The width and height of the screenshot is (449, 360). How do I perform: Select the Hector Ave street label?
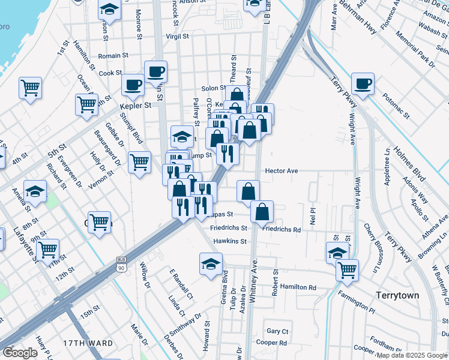282,171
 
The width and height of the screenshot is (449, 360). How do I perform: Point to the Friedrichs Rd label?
282,229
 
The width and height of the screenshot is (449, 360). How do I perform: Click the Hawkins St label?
231,241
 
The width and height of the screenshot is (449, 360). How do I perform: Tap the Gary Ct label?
278,331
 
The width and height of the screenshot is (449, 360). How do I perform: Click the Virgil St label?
177,37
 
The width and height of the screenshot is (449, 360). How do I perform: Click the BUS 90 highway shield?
122,263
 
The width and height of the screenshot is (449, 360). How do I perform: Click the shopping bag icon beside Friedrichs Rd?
262,212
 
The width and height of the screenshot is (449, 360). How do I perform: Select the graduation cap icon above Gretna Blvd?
211,263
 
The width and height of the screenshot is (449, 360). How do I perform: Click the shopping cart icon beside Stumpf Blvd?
139,161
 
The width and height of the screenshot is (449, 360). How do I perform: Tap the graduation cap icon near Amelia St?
35,191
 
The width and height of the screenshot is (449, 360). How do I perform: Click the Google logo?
20,353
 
